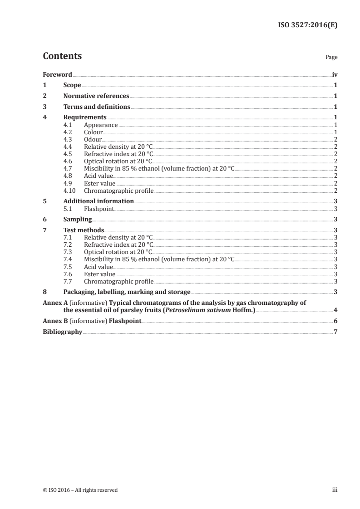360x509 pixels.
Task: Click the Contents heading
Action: click(x=62, y=56)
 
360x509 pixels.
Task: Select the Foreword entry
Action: click(x=57, y=74)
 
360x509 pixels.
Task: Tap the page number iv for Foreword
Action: click(x=335, y=74)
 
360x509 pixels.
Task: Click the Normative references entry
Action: click(x=96, y=96)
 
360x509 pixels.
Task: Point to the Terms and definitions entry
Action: click(x=97, y=107)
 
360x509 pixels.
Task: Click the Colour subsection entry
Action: click(x=93, y=132)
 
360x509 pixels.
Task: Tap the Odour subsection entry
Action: click(x=93, y=139)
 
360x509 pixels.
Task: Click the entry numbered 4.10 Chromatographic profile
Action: click(x=118, y=191)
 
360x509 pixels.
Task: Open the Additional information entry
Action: click(x=99, y=201)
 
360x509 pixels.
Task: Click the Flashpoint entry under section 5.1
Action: click(x=99, y=209)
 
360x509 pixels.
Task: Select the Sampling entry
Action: click(x=78, y=219)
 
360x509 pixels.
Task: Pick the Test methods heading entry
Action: click(x=84, y=230)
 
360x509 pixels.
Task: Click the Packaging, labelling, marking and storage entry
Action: click(x=127, y=292)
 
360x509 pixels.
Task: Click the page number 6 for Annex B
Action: click(x=335, y=321)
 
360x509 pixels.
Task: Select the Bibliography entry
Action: click(x=62, y=332)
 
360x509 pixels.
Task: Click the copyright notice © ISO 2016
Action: click(x=80, y=489)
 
